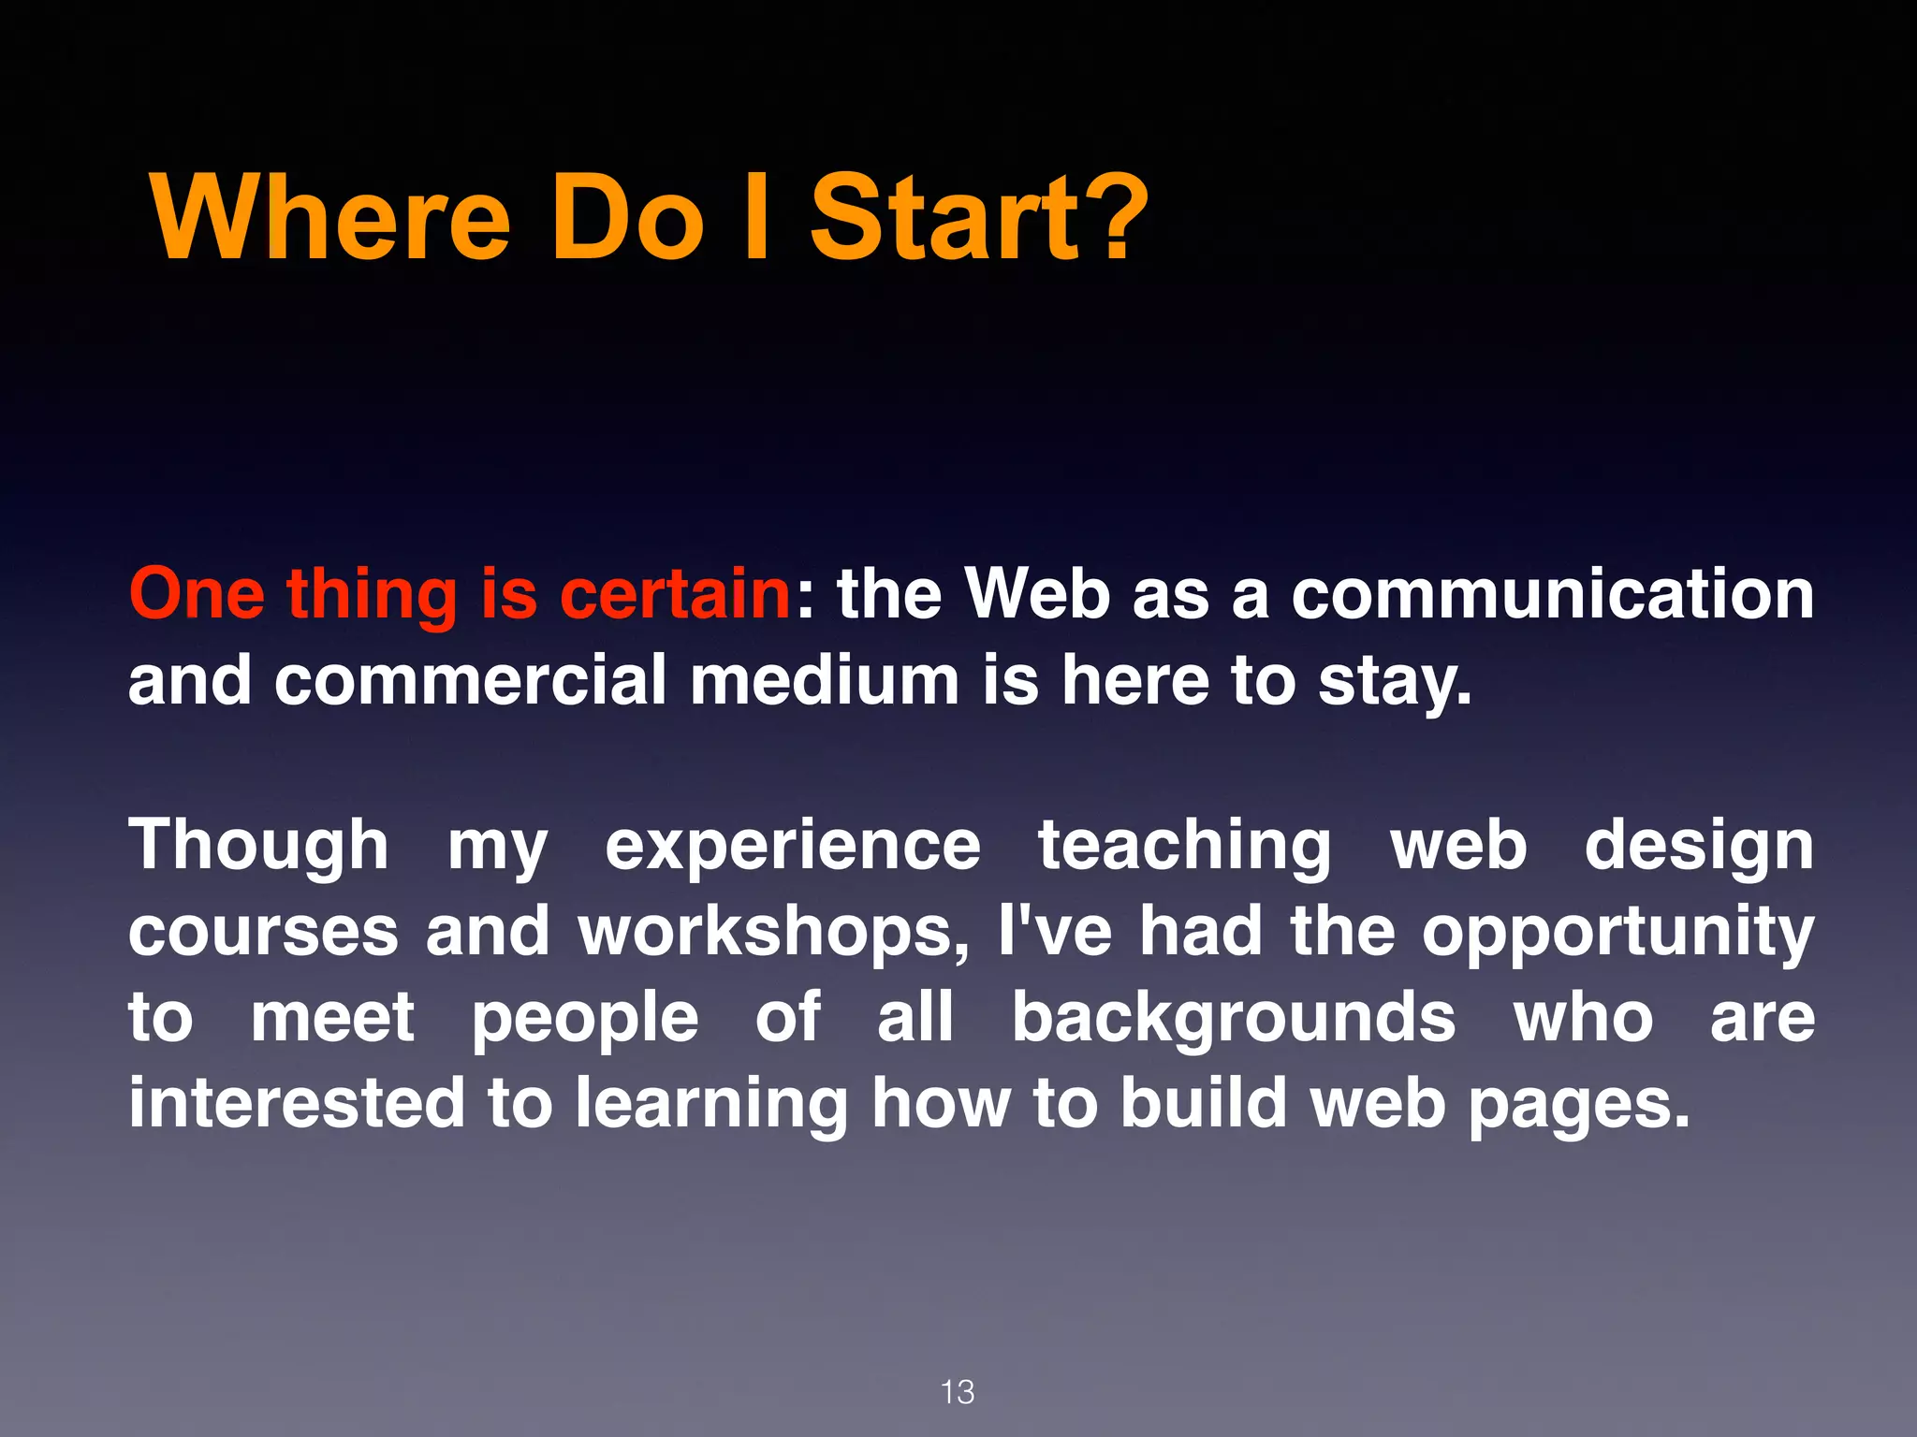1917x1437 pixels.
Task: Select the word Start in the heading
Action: [x=945, y=219]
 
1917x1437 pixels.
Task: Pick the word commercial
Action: [x=471, y=680]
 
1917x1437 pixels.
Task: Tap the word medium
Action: [x=824, y=680]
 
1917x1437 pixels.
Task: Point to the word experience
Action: [x=793, y=848]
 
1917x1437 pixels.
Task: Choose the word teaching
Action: [x=1184, y=848]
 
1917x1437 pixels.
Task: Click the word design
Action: [x=1699, y=848]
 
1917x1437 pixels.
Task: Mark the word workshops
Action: [x=773, y=933]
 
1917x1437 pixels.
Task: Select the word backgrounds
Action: [x=1234, y=1018]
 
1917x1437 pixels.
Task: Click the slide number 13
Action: [x=958, y=1392]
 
